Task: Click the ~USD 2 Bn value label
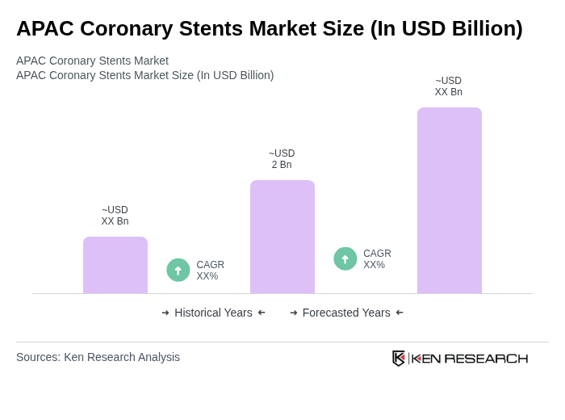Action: (282, 159)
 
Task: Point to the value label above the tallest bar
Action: (449, 86)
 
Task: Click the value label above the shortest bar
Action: (115, 216)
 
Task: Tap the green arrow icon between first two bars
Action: (178, 270)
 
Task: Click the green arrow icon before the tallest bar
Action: (345, 258)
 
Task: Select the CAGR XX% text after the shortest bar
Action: (210, 271)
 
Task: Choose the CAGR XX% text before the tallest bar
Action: (377, 259)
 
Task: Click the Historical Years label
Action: (213, 313)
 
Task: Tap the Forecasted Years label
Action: (346, 313)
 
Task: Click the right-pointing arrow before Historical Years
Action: (165, 313)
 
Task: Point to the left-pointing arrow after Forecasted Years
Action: (400, 313)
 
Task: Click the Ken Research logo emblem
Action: (399, 358)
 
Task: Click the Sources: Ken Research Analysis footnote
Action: (98, 357)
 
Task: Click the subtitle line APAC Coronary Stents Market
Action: (92, 61)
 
